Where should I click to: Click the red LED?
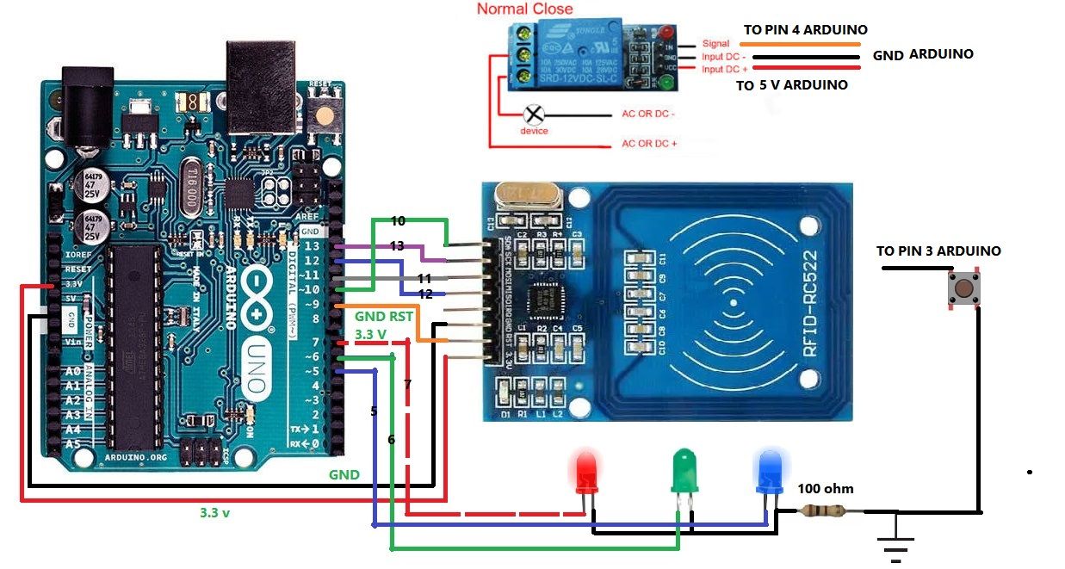tap(586, 471)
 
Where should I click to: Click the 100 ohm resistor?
tap(826, 511)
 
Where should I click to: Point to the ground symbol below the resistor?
tap(895, 542)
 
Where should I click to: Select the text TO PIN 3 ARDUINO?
tap(938, 251)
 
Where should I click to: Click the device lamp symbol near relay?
tap(534, 114)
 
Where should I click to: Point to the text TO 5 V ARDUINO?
tap(791, 85)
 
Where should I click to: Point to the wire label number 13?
tap(397, 246)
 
